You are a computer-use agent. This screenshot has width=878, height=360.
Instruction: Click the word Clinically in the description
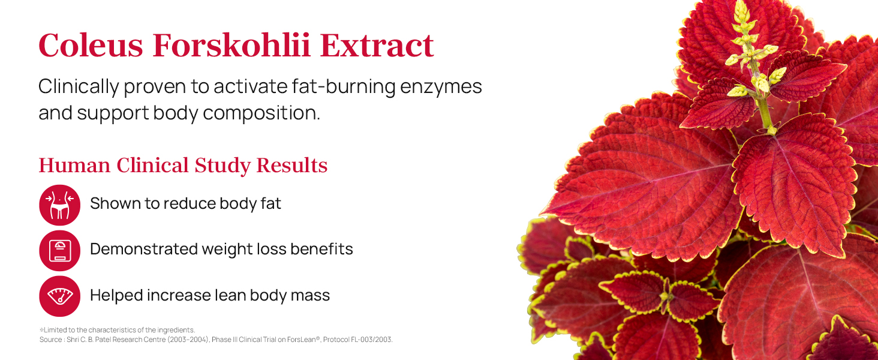78,86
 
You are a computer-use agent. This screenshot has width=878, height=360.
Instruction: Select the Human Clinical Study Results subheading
183,166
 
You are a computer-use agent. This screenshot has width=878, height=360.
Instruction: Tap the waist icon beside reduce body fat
59,205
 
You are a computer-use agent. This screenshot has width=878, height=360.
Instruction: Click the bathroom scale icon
59,250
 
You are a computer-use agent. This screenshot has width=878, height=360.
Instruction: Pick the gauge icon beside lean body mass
59,296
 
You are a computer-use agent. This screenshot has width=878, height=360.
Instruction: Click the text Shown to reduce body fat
185,203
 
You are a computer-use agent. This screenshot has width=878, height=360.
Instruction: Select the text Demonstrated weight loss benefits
221,249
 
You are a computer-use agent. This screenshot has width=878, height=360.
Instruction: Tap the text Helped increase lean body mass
210,295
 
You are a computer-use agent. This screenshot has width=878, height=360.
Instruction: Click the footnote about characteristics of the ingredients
118,330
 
